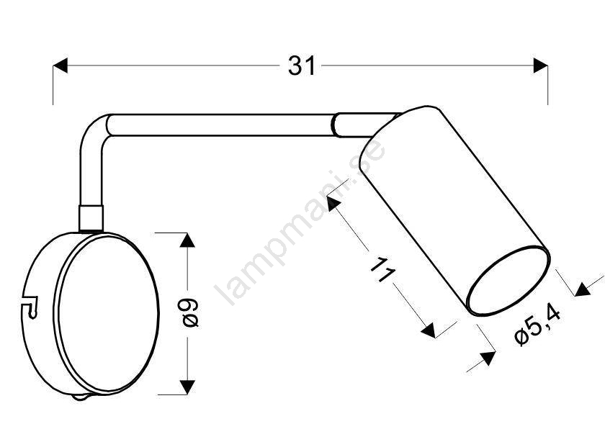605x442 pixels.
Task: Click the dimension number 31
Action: click(x=302, y=66)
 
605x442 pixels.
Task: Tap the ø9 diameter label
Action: click(x=190, y=312)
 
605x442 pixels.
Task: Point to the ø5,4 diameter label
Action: click(x=538, y=325)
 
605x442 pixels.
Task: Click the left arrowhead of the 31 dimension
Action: click(x=60, y=66)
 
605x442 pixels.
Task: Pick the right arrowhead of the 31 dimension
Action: click(x=541, y=66)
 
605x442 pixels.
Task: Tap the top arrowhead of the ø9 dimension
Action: click(x=187, y=240)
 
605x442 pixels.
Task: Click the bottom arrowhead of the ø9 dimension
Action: click(x=187, y=387)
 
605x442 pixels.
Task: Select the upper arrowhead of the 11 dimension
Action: click(x=333, y=202)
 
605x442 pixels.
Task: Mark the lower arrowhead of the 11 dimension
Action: click(x=429, y=330)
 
